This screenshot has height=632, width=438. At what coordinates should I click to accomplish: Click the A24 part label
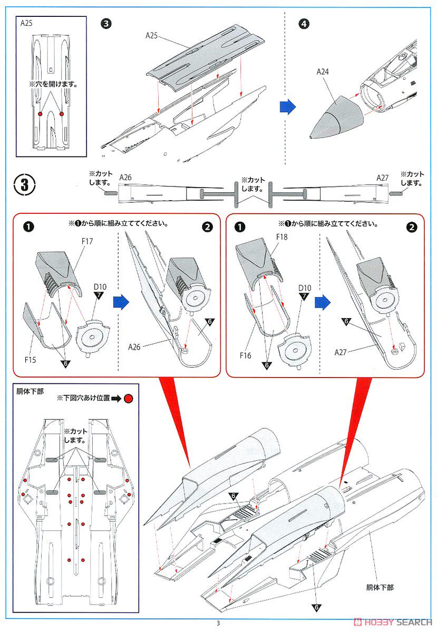(x=323, y=72)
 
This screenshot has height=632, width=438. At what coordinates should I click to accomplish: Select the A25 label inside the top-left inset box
(x=26, y=23)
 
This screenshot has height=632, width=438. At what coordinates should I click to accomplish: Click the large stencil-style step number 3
(x=25, y=185)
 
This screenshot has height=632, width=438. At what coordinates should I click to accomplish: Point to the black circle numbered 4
(x=304, y=24)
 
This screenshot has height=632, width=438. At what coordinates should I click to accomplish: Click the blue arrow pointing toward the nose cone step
(x=287, y=106)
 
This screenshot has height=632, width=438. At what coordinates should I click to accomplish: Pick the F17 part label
(x=87, y=241)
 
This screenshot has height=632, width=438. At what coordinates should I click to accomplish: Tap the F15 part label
(x=30, y=360)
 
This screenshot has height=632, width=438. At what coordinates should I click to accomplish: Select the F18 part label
(x=281, y=237)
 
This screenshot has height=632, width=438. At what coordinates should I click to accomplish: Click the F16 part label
(x=245, y=355)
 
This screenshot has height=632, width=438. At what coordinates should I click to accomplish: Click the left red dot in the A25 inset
(x=40, y=114)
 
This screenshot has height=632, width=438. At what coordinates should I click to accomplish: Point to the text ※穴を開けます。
(x=53, y=84)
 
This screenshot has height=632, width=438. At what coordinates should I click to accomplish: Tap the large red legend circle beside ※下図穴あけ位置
(x=129, y=398)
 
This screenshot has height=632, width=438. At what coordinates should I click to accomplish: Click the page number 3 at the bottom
(x=218, y=623)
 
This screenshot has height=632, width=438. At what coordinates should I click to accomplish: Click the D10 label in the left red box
(x=100, y=287)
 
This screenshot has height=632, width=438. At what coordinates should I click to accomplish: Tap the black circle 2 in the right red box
(x=412, y=228)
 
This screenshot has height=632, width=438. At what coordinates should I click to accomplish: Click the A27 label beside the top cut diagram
(x=383, y=178)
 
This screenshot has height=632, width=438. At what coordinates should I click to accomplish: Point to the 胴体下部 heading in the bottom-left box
(x=30, y=392)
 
